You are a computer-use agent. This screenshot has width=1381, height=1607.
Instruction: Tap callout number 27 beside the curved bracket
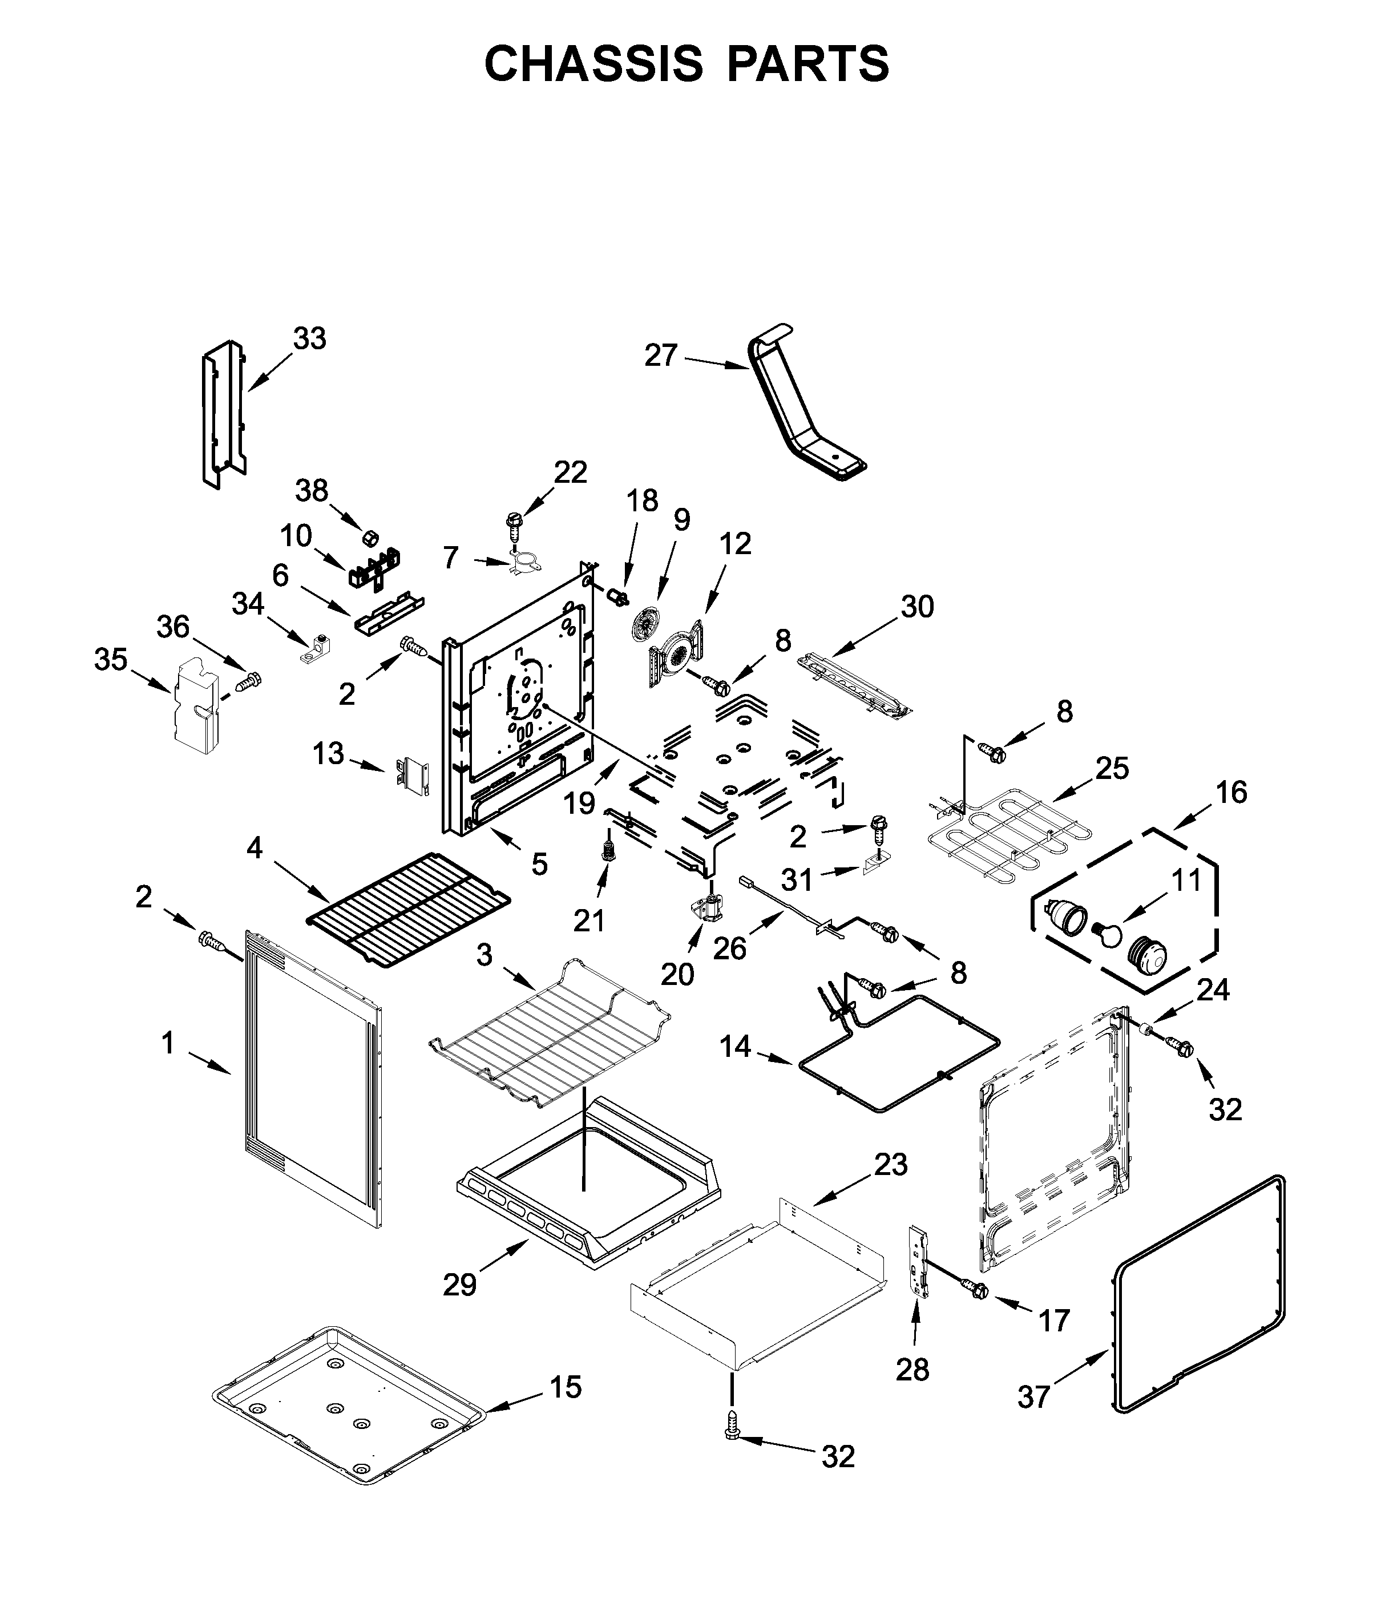(x=661, y=356)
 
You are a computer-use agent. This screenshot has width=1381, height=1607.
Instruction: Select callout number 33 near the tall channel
(x=309, y=339)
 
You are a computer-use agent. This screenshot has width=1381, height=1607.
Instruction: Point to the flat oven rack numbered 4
(x=409, y=908)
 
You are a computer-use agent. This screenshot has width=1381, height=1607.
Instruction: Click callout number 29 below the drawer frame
(x=460, y=1285)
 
